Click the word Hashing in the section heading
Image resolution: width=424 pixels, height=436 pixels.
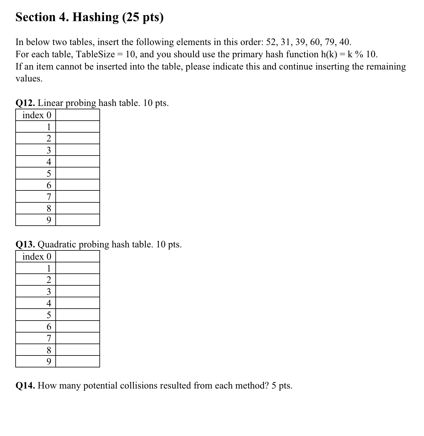(95, 17)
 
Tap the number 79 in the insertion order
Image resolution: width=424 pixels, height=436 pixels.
(330, 42)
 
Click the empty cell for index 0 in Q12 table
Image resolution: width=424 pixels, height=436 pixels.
(78, 115)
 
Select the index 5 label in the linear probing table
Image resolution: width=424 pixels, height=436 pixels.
(49, 174)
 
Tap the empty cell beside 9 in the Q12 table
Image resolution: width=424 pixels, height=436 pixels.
(78, 220)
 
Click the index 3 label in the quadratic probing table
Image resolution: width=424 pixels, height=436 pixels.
(49, 291)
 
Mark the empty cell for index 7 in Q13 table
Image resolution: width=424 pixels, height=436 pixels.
(78, 338)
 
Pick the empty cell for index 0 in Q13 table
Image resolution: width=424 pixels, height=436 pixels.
(78, 257)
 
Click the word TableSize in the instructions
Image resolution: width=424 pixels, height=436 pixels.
(95, 55)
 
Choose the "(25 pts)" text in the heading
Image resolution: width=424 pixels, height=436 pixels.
(143, 17)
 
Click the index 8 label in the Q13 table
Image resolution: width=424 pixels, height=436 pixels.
(49, 350)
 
